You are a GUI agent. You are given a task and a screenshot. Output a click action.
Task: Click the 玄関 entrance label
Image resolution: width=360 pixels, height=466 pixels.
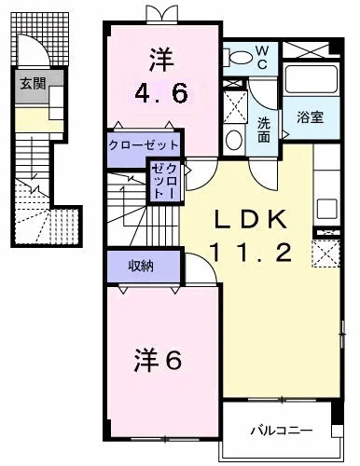click(33, 84)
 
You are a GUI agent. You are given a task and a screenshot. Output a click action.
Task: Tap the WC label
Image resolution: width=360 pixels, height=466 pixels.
click(262, 58)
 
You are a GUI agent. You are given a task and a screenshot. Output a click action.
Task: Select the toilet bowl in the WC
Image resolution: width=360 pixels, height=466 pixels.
click(241, 58)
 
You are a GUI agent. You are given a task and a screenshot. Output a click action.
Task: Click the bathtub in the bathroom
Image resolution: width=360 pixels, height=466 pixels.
click(312, 79)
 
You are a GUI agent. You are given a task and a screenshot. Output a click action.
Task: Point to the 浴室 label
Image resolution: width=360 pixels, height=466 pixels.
click(310, 117)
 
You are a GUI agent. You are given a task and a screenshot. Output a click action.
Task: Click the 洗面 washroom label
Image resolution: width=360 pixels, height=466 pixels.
click(264, 130)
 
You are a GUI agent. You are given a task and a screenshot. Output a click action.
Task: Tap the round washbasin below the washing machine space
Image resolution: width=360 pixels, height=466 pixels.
click(234, 140)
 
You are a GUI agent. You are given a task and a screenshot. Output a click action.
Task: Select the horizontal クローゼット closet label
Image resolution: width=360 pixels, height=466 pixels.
click(144, 144)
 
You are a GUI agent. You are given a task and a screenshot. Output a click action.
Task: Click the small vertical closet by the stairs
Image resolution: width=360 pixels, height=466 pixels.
click(165, 182)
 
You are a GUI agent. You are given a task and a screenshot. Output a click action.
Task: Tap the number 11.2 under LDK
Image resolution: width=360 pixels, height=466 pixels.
click(252, 253)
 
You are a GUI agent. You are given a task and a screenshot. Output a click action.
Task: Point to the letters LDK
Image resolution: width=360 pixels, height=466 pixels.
click(251, 220)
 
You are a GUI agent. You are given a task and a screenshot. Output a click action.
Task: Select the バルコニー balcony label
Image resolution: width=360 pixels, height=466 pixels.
click(282, 431)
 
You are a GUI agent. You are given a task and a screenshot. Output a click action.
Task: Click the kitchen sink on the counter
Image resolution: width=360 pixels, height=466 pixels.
click(326, 209)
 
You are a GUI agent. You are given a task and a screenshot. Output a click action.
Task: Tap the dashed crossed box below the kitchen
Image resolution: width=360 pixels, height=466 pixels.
click(325, 254)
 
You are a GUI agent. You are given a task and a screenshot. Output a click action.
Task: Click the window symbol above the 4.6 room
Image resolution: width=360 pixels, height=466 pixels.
click(163, 15)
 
